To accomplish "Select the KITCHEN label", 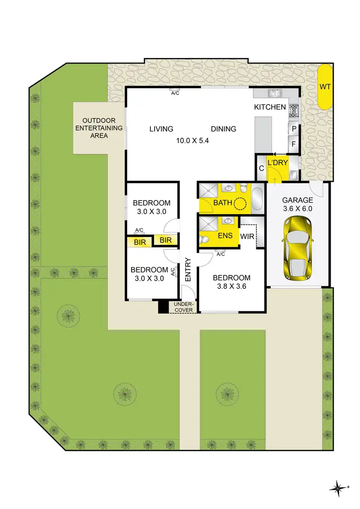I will [x=270, y=107].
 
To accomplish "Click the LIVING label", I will [x=161, y=129].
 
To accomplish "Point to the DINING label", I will [x=223, y=129].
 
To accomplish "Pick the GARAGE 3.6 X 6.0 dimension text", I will [x=297, y=209].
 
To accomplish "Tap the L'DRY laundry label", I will [x=277, y=163].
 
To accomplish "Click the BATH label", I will [x=222, y=203].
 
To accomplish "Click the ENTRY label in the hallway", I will [x=188, y=270].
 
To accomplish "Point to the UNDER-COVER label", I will [x=183, y=307].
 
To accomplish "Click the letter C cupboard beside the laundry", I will [x=262, y=168].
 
